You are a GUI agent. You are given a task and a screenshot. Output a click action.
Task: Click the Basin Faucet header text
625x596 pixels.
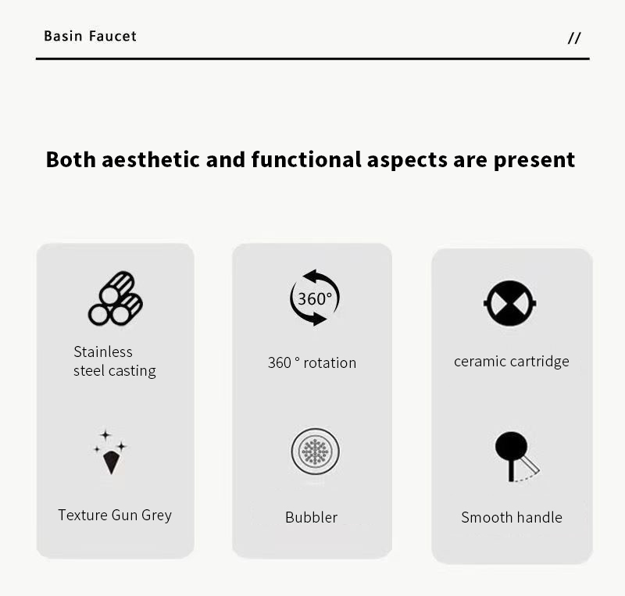point(90,36)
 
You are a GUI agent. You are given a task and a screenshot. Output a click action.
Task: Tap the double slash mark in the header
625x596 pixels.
point(574,37)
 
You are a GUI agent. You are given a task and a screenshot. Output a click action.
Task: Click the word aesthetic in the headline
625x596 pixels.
point(151,159)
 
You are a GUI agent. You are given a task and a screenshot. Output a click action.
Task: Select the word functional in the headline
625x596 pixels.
point(306,159)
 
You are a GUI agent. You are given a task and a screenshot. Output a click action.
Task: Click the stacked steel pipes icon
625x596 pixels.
point(116,298)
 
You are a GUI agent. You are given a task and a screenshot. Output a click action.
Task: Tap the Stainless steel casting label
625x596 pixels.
point(115,361)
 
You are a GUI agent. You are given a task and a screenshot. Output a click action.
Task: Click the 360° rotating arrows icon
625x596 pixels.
point(315,298)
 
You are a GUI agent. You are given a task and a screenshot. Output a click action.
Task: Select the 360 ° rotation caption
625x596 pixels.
point(312,362)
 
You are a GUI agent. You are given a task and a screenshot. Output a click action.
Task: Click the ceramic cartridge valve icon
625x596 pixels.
point(510,303)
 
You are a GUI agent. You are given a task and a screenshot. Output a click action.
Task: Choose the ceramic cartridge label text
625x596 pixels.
point(512,361)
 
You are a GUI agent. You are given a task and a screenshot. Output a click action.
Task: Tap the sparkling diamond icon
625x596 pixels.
point(110,452)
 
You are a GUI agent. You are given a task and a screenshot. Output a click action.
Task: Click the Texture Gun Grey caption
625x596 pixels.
point(115,515)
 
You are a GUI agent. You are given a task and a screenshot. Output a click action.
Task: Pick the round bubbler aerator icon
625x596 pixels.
point(316,451)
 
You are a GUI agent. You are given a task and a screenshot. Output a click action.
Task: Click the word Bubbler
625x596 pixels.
point(311,517)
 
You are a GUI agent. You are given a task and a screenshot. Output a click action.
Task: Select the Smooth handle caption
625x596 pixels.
point(512,517)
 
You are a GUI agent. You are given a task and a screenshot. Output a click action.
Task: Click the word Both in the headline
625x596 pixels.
point(71,159)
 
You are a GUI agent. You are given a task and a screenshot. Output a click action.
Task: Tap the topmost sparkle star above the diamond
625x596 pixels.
point(105,435)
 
